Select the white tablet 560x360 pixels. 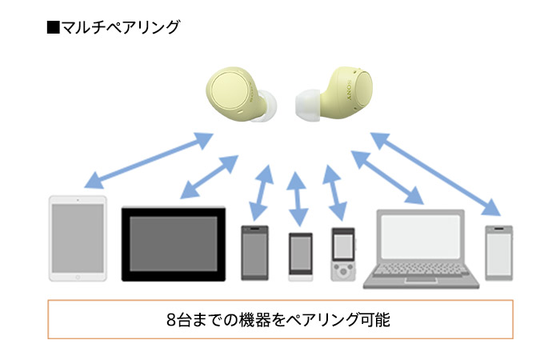pyautogui.click(x=78, y=238)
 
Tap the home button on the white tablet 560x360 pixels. pyautogui.click(x=78, y=274)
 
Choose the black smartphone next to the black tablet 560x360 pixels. pyautogui.click(x=254, y=251)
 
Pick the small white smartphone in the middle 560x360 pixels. pyautogui.click(x=300, y=256)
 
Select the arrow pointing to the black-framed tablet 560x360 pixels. pyautogui.click(x=210, y=176)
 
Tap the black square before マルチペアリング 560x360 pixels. pyautogui.click(x=54, y=27)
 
